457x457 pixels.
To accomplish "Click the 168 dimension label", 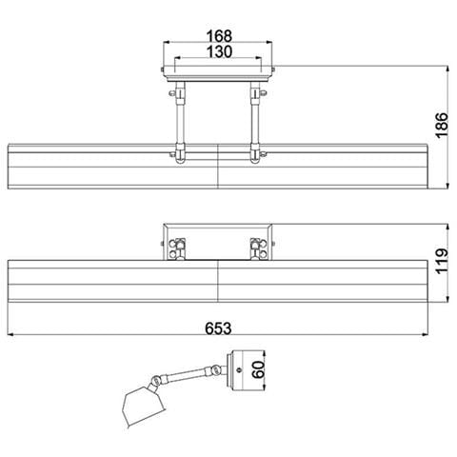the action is pyautogui.click(x=219, y=36).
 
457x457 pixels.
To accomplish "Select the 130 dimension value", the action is pyautogui.click(x=219, y=51).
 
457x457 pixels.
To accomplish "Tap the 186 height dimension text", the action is pyautogui.click(x=442, y=125).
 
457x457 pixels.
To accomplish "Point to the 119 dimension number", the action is pyautogui.click(x=442, y=262).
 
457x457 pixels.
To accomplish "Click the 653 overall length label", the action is pyautogui.click(x=218, y=328).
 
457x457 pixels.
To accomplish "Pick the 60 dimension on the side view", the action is pyautogui.click(x=258, y=369).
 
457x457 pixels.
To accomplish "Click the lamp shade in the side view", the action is pyautogui.click(x=144, y=406).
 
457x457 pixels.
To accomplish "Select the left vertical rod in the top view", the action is pyautogui.click(x=180, y=121).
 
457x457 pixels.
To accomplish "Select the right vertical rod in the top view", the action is pyautogui.click(x=255, y=121).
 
